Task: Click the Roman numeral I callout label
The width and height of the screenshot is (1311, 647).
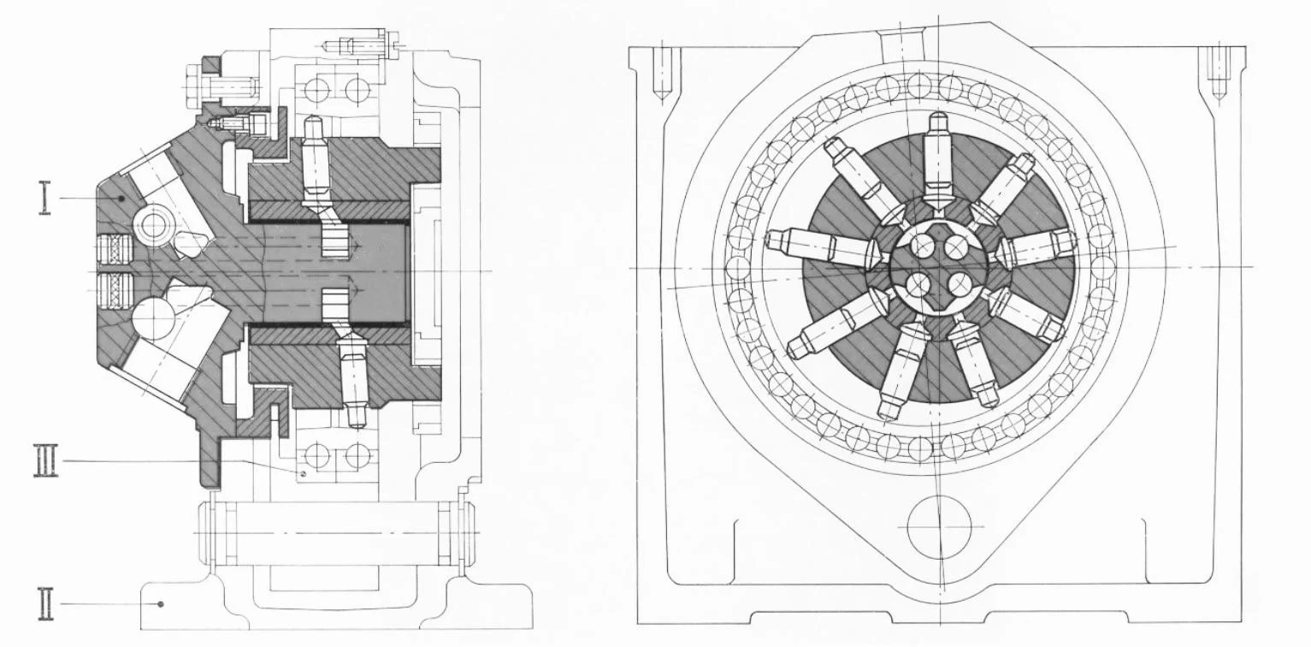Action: [x=45, y=198]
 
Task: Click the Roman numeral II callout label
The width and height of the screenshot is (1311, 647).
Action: [x=45, y=604]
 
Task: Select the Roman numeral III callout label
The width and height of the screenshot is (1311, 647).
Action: [x=46, y=460]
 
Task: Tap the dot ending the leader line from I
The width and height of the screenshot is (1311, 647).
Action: [x=121, y=199]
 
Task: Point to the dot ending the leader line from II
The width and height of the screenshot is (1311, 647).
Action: [x=162, y=603]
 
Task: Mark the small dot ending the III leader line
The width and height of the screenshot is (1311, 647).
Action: [x=302, y=474]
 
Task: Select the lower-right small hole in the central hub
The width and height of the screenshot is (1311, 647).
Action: [x=959, y=285]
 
